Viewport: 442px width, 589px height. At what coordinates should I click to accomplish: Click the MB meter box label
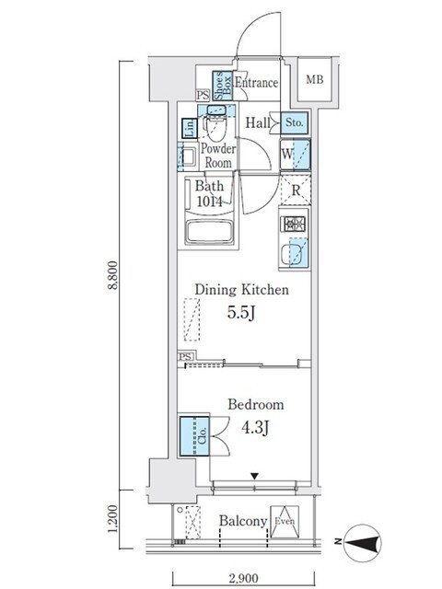(x=315, y=80)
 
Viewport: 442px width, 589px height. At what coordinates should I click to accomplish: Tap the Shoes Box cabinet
(x=223, y=86)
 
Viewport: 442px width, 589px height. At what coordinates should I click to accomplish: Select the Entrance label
(x=257, y=82)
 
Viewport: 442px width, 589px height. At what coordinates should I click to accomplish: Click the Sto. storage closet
(x=295, y=122)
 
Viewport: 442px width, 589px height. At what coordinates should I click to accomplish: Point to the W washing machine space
(x=295, y=154)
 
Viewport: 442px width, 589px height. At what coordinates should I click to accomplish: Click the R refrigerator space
(x=296, y=191)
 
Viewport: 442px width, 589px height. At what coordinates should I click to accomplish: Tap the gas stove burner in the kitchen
(x=293, y=225)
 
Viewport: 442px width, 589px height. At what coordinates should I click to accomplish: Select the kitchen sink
(x=294, y=254)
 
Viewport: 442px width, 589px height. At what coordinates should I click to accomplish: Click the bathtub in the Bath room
(x=209, y=232)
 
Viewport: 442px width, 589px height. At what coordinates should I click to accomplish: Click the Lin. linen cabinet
(x=190, y=128)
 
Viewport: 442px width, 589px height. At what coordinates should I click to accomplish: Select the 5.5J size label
(x=241, y=313)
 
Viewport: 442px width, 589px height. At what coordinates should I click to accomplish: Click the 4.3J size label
(x=255, y=427)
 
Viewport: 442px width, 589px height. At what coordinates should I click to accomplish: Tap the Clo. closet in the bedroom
(x=194, y=435)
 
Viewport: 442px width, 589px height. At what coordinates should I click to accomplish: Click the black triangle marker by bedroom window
(x=255, y=477)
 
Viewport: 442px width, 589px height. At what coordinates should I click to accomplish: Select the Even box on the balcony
(x=285, y=522)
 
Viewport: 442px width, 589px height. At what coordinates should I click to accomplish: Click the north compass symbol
(x=362, y=543)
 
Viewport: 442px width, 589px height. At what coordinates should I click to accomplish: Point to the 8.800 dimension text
(x=113, y=275)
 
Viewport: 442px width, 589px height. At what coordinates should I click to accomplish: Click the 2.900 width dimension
(x=243, y=579)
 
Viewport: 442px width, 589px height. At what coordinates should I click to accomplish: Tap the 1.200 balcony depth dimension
(x=112, y=518)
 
